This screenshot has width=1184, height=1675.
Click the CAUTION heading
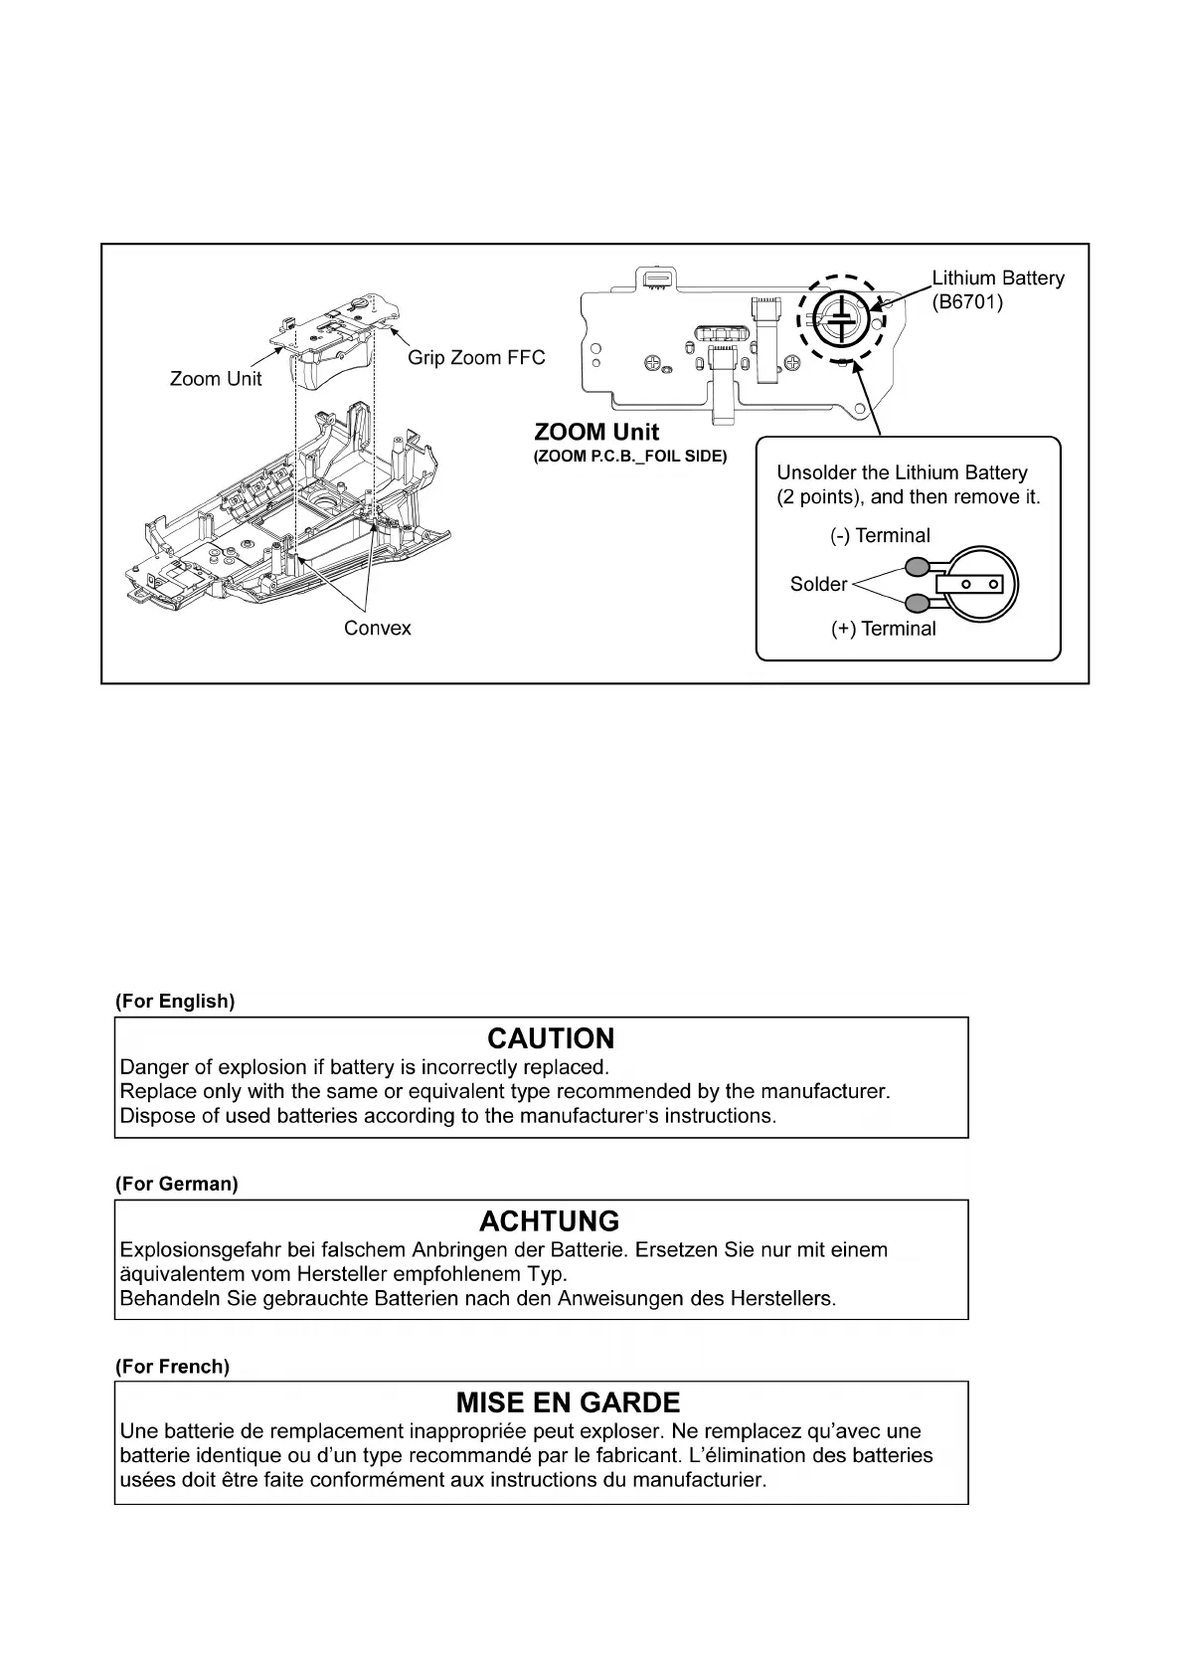click(x=551, y=1038)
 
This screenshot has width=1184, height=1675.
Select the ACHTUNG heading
click(x=549, y=1221)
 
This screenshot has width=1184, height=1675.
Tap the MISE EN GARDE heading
click(x=568, y=1402)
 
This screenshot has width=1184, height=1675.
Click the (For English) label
click(x=175, y=1002)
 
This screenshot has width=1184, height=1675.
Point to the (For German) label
click(x=177, y=1184)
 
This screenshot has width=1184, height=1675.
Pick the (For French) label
click(x=172, y=1367)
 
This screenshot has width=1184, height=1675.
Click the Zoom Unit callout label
click(x=216, y=379)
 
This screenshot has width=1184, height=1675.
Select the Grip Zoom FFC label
click(x=476, y=358)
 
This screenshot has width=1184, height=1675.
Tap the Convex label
click(x=377, y=629)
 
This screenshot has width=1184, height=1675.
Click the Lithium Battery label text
click(x=997, y=279)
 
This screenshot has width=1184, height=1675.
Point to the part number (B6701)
click(x=967, y=302)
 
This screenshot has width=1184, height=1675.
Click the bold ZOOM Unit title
click(x=596, y=432)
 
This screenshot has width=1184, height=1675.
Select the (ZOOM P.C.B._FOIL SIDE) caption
click(x=630, y=457)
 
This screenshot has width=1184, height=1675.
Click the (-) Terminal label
click(x=880, y=536)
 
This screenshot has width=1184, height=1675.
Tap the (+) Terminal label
click(x=883, y=629)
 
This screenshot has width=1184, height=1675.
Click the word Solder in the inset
click(x=818, y=584)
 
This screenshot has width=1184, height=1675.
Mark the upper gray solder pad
click(x=917, y=567)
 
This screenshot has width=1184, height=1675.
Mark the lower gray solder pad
click(x=917, y=602)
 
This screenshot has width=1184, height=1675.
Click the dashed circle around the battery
click(x=801, y=318)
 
